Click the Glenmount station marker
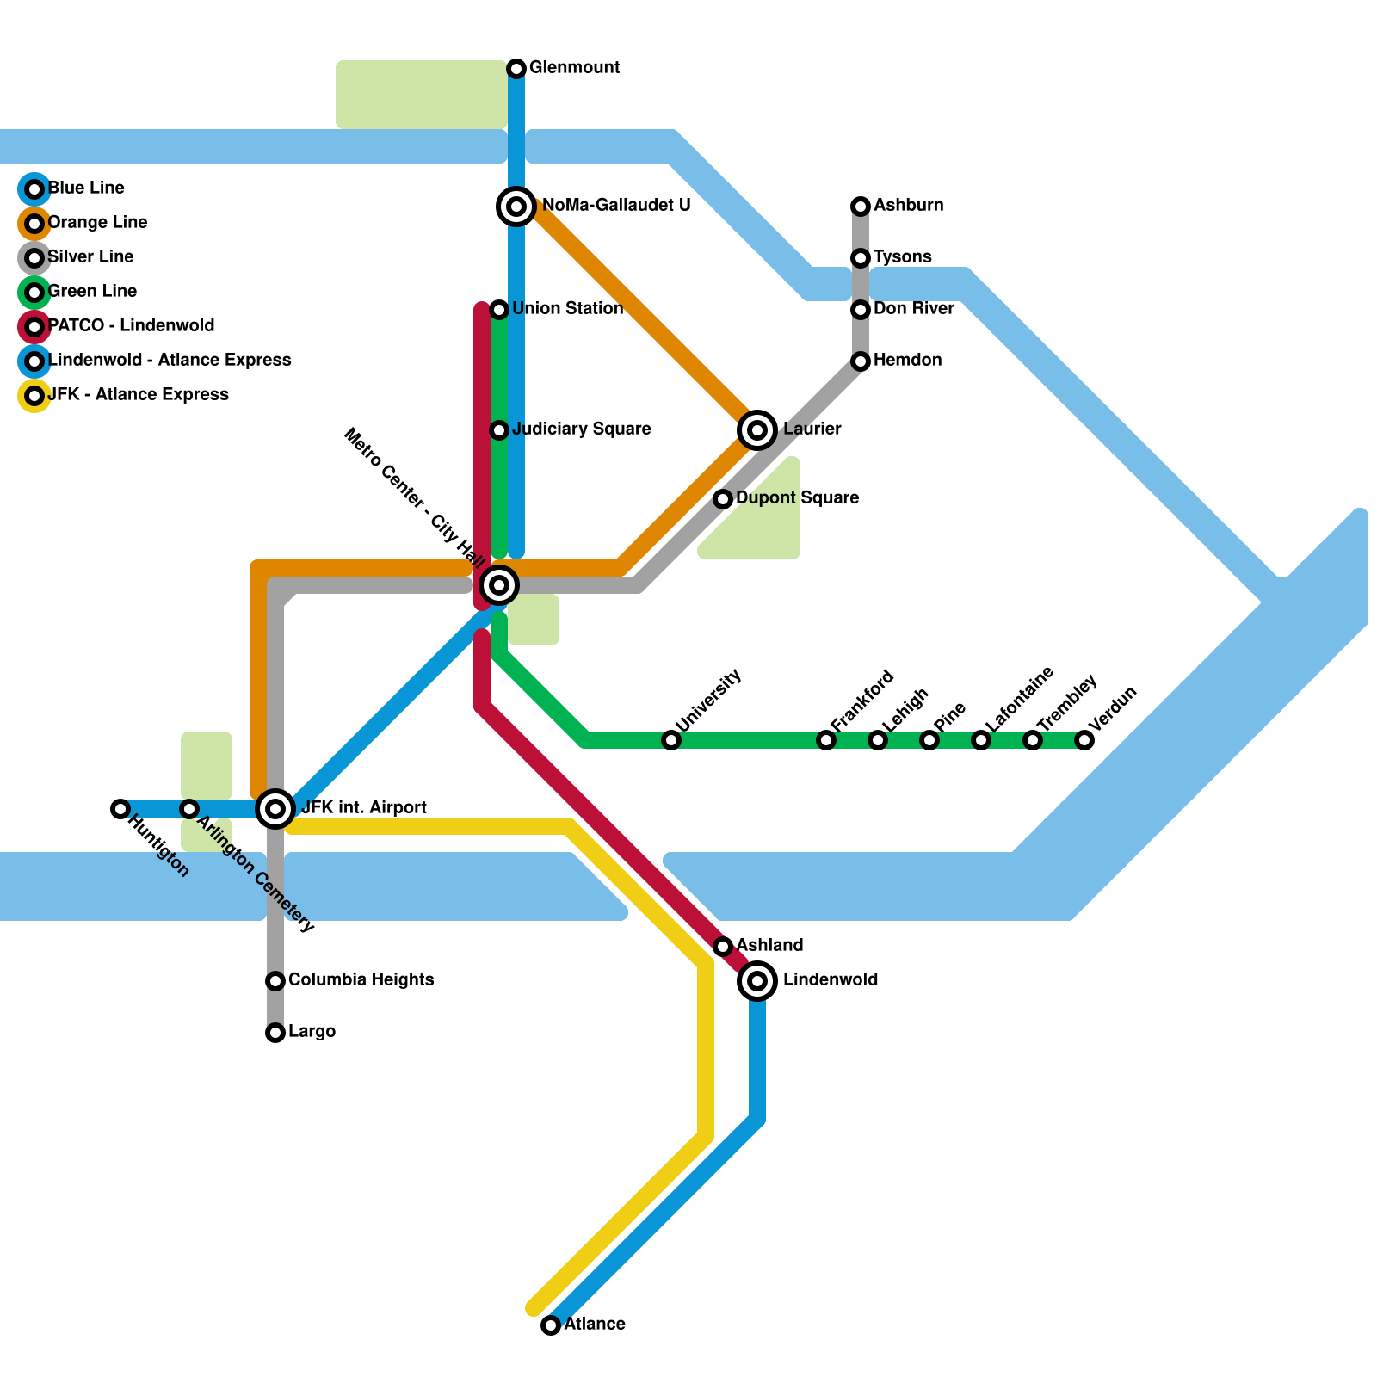[x=516, y=68]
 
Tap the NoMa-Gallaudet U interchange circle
[x=516, y=207]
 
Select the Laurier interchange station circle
[x=757, y=429]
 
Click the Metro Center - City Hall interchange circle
[x=499, y=585]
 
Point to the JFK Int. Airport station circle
[x=275, y=808]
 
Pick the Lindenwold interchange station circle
[x=757, y=980]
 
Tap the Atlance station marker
[x=551, y=1325]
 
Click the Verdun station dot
[x=1084, y=739]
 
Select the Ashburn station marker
[x=861, y=207]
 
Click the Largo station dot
[x=275, y=1032]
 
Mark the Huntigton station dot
[x=120, y=808]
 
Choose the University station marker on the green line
[x=671, y=739]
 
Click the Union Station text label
[x=568, y=309]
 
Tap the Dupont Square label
[x=797, y=498]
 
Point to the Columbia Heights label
[x=361, y=980]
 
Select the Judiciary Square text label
[x=582, y=429]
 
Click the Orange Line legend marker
[x=34, y=224]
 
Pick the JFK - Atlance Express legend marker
[x=34, y=396]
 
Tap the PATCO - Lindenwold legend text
[x=132, y=326]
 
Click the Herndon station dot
[x=861, y=361]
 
